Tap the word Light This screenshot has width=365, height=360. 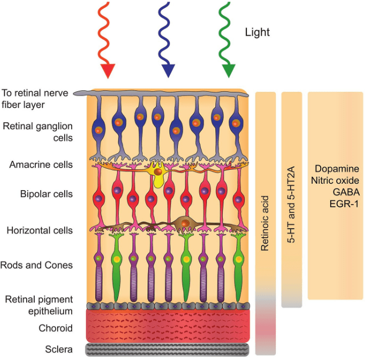(x=257, y=33)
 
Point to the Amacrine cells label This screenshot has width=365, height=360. (x=41, y=165)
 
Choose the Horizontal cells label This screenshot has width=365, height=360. (x=39, y=231)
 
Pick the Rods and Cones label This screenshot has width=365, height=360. (x=37, y=265)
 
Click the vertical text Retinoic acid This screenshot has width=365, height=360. (x=265, y=223)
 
